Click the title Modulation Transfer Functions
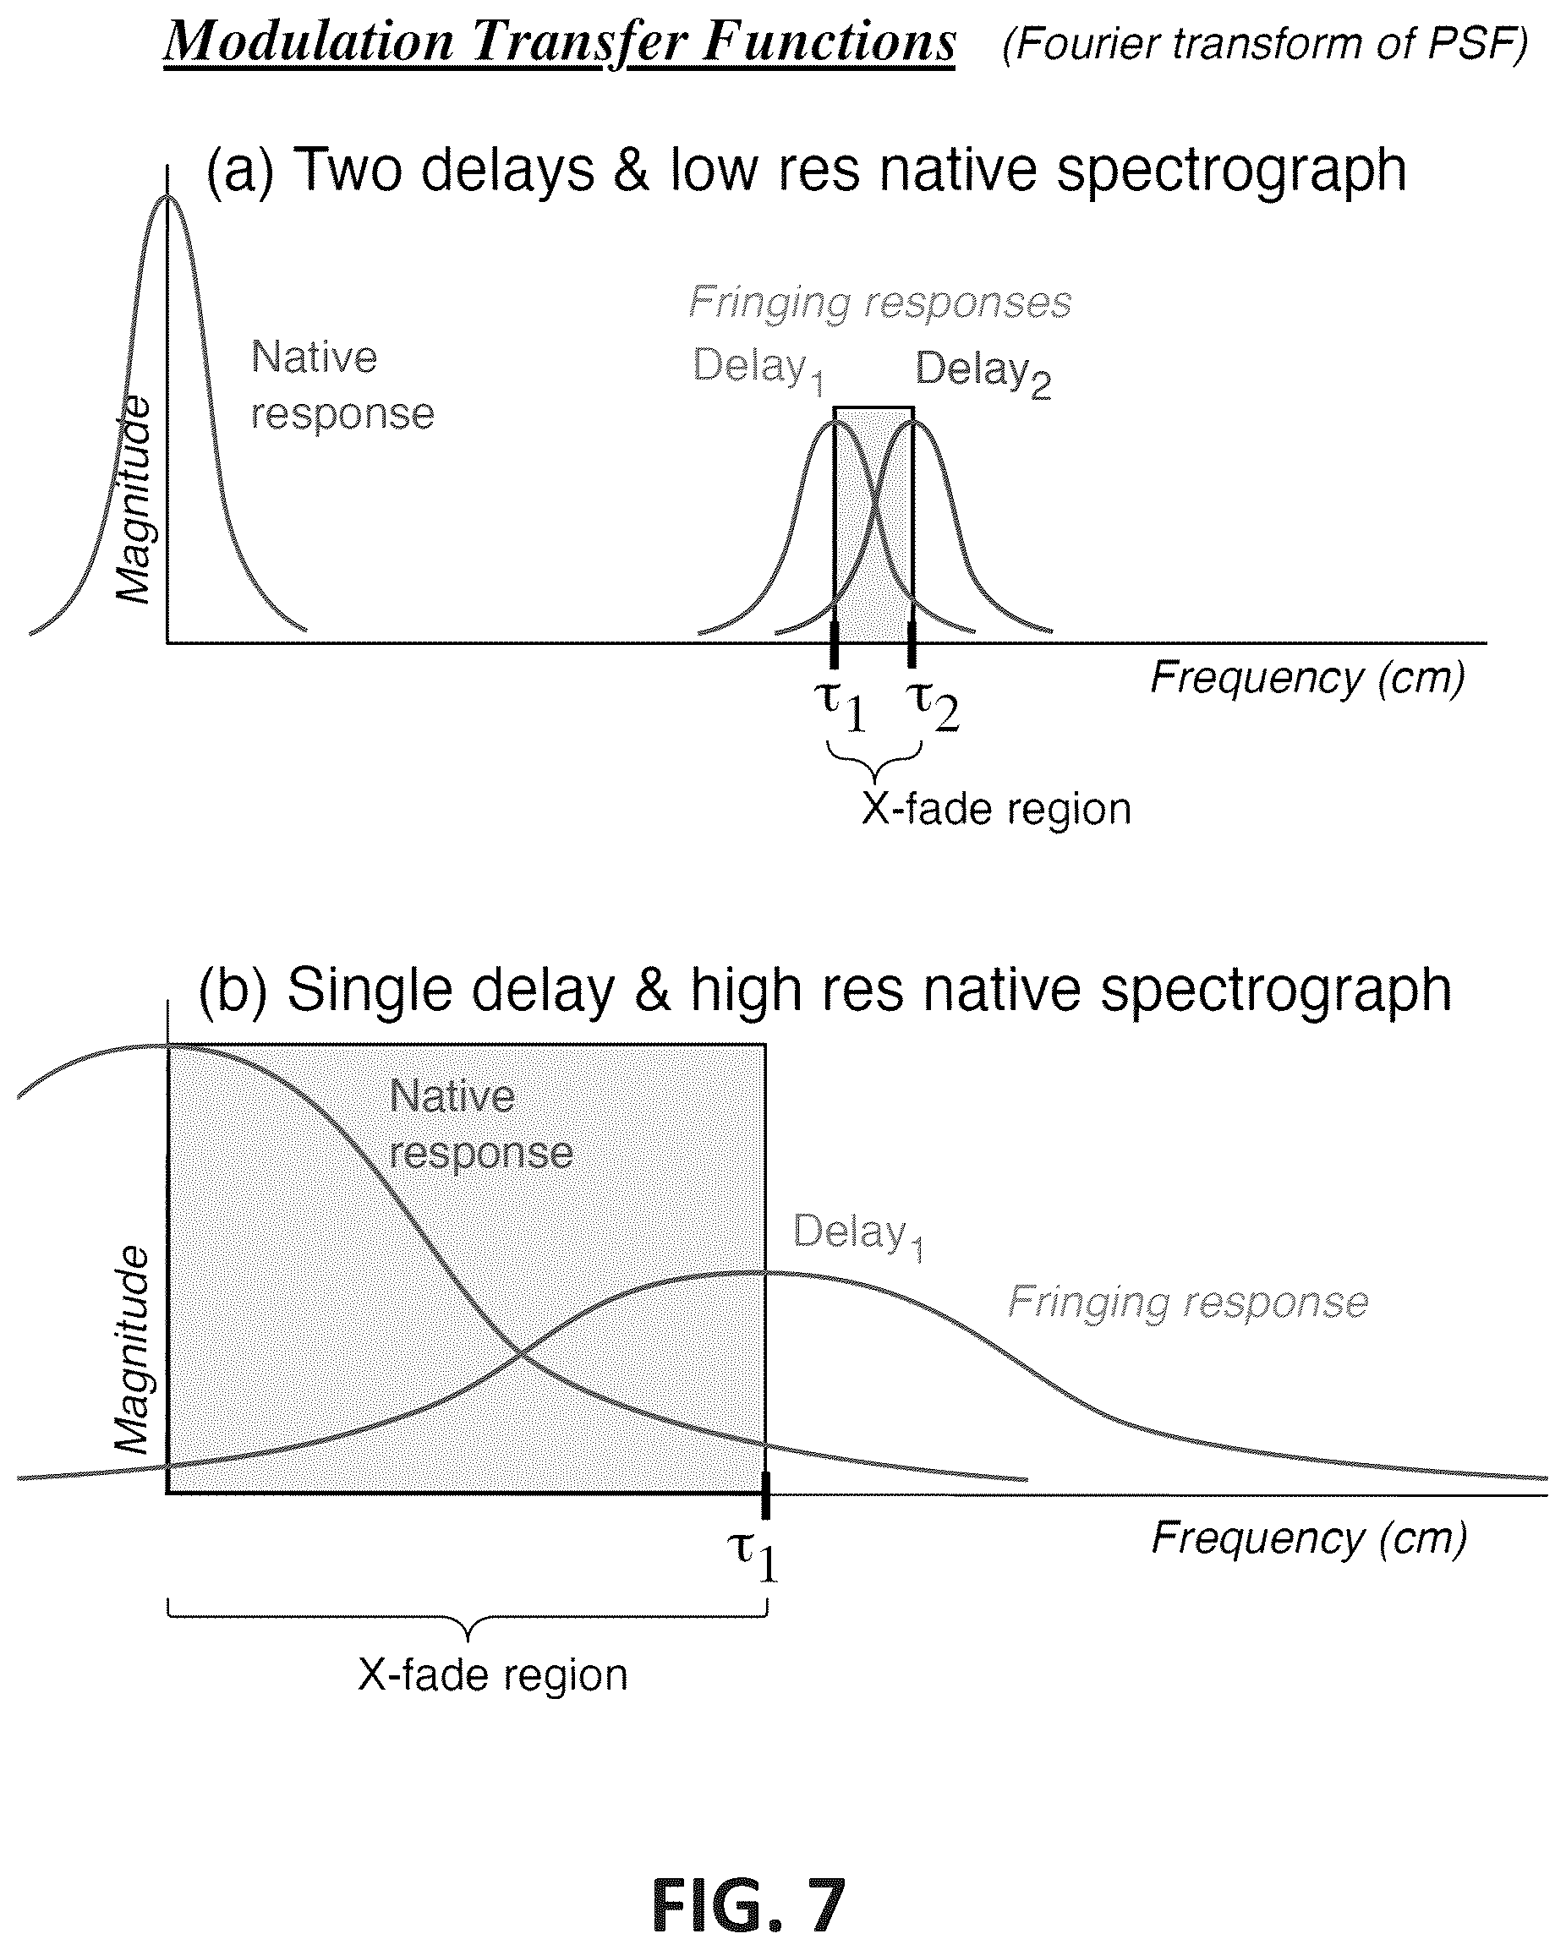coord(559,42)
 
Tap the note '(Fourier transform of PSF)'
coord(1265,43)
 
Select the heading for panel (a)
coord(806,169)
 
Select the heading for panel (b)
coord(824,990)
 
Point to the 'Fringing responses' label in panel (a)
coord(879,302)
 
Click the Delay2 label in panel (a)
coord(983,373)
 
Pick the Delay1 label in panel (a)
coord(759,370)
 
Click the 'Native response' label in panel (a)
coord(342,385)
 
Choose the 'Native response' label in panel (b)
coord(481,1125)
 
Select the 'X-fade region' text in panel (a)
coord(996,809)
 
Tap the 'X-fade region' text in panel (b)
coord(493,1675)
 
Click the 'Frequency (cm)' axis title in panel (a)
coord(1307,677)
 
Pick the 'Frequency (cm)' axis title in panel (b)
coord(1308,1538)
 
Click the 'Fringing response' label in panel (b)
coord(1188,1303)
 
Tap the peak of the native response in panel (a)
coord(167,195)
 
